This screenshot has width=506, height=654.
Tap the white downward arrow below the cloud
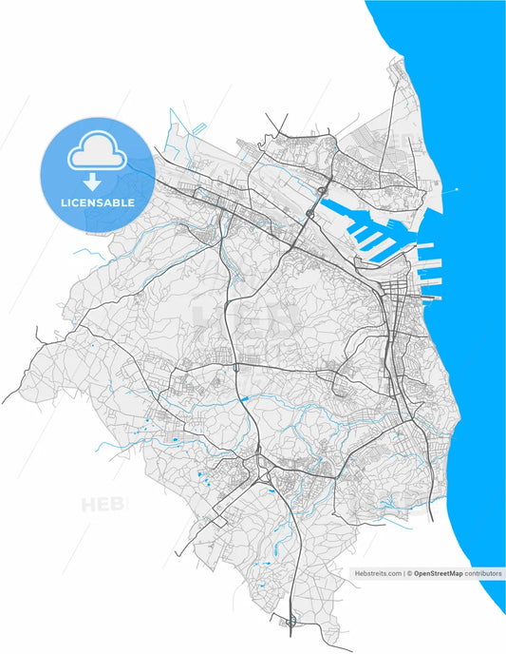pyautogui.click(x=92, y=180)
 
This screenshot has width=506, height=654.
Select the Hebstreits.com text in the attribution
pyautogui.click(x=377, y=574)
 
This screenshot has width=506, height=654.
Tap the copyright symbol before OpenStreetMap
pyautogui.click(x=410, y=574)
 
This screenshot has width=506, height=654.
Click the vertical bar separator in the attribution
pyautogui.click(x=403, y=574)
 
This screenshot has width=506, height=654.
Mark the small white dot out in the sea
pyautogui.click(x=458, y=189)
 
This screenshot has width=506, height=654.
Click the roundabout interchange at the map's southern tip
pyautogui.click(x=291, y=623)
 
